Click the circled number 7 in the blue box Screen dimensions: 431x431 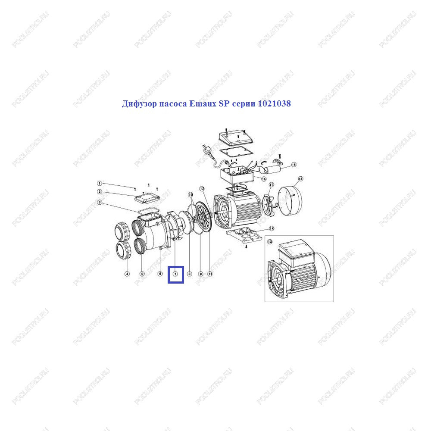coord(175,274)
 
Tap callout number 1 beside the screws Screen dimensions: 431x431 coord(100,183)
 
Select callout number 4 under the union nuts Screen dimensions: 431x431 coord(127,274)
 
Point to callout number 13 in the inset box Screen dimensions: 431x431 coord(270,242)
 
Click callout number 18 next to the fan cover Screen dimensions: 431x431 coord(300,179)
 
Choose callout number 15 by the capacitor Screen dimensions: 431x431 coord(294,165)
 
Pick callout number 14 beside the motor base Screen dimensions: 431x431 coord(272,228)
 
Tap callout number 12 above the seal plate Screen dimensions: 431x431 coord(202,189)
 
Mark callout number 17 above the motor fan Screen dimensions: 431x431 coord(271,185)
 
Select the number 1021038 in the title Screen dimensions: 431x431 coord(274,103)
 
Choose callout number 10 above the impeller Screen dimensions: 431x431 coord(191,195)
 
